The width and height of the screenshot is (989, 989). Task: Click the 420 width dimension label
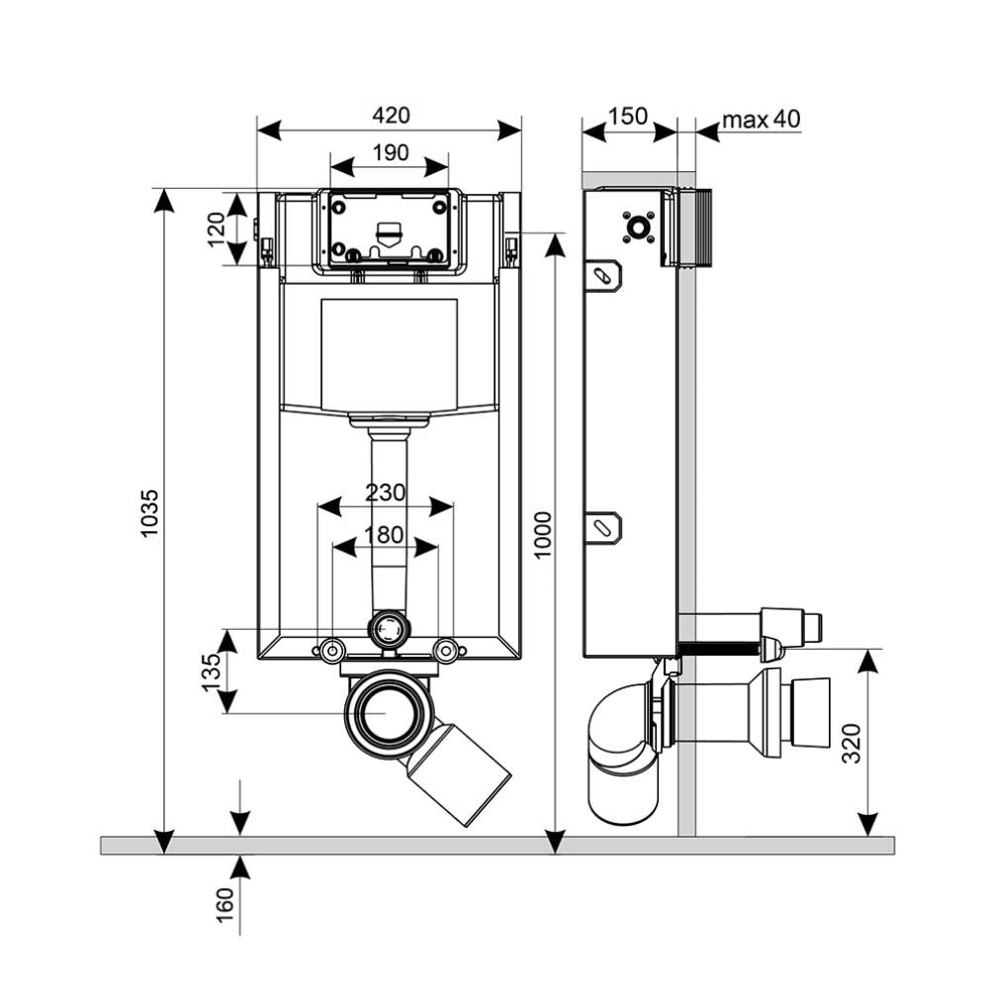pyautogui.click(x=390, y=116)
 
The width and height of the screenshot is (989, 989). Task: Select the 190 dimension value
pyautogui.click(x=390, y=152)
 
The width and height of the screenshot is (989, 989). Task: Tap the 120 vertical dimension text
pyautogui.click(x=217, y=228)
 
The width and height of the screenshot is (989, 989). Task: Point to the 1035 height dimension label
pyautogui.click(x=149, y=514)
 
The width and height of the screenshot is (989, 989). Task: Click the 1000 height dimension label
pyautogui.click(x=542, y=535)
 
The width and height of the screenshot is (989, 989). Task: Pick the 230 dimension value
pyautogui.click(x=385, y=492)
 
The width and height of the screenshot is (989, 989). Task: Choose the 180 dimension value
pyautogui.click(x=385, y=535)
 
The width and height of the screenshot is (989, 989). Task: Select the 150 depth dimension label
pyautogui.click(x=628, y=117)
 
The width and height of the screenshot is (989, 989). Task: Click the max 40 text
pyautogui.click(x=760, y=120)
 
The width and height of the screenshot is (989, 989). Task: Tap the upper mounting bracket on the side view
pyautogui.click(x=601, y=275)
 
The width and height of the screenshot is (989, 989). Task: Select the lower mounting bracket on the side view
pyautogui.click(x=601, y=527)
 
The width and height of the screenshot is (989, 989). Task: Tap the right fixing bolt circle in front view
pyautogui.click(x=447, y=650)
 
